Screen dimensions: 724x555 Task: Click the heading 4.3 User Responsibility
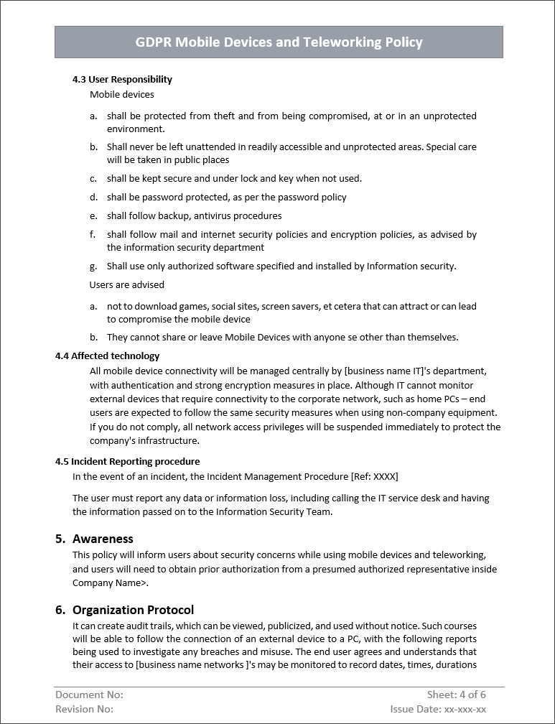(x=122, y=79)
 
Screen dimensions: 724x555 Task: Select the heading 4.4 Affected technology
(x=107, y=356)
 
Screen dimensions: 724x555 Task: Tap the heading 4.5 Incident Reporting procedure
(x=127, y=461)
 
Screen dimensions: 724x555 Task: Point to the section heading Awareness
(x=103, y=539)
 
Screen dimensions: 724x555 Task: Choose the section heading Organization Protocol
(x=133, y=610)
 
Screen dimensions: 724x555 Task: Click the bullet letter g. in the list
(x=93, y=266)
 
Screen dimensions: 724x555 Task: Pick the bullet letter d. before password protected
(x=93, y=197)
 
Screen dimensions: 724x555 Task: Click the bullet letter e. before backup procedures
(x=93, y=215)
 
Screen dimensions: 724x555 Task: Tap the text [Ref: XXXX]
(x=374, y=476)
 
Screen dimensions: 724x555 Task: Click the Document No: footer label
(x=89, y=695)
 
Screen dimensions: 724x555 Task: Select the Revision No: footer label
(x=84, y=709)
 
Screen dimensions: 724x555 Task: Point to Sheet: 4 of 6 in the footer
(x=456, y=695)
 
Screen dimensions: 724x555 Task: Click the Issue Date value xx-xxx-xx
(x=465, y=709)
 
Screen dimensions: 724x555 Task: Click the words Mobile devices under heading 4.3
(x=121, y=94)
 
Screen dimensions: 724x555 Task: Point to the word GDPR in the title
(x=153, y=42)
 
